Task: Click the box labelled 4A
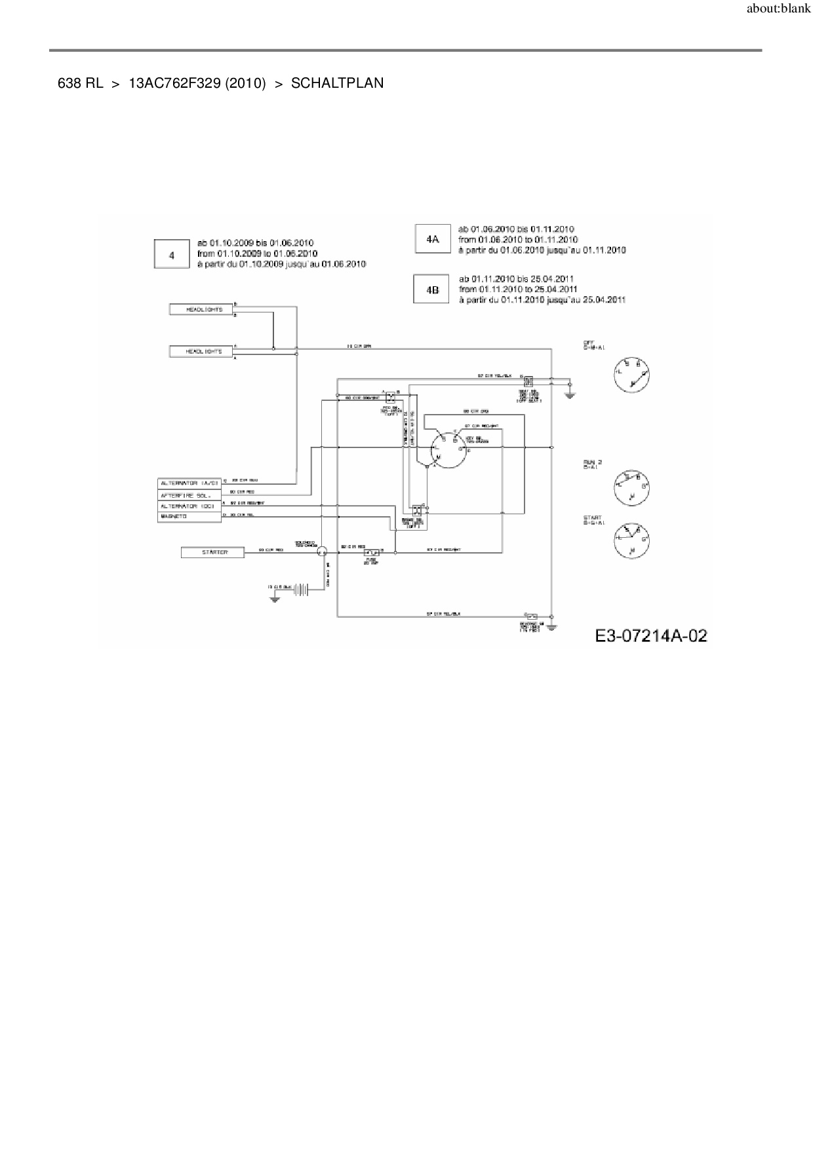click(432, 240)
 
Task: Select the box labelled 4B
click(431, 289)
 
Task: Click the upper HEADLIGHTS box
click(201, 309)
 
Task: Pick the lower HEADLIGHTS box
click(201, 352)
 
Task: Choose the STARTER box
click(213, 553)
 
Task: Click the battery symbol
click(301, 589)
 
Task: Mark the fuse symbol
click(372, 553)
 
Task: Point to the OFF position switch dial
click(631, 374)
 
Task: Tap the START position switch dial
click(631, 542)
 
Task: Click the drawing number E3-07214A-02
click(651, 635)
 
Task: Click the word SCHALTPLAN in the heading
click(337, 83)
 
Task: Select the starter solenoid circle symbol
click(322, 553)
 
